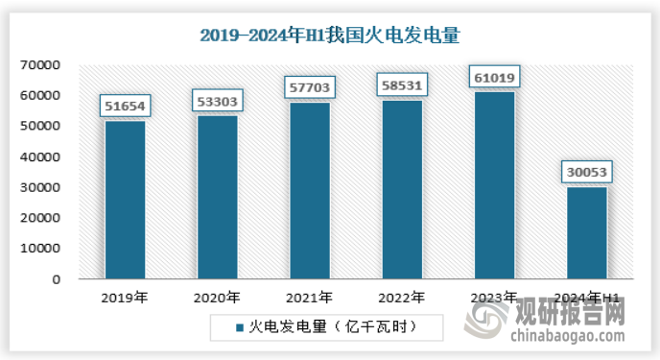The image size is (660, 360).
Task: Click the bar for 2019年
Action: point(125,200)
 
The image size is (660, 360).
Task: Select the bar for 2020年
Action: point(218,197)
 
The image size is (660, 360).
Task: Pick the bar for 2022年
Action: point(402,189)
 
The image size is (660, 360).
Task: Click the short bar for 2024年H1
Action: point(586,232)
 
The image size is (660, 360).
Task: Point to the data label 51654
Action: point(125,106)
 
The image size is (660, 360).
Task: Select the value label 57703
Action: point(310,87)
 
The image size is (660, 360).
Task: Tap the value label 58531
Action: point(402,84)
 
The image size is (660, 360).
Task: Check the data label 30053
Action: point(586,172)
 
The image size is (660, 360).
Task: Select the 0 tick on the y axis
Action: point(58,279)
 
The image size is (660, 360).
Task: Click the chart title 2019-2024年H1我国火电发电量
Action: point(330,36)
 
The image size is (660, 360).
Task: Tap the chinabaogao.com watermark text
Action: point(567,337)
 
